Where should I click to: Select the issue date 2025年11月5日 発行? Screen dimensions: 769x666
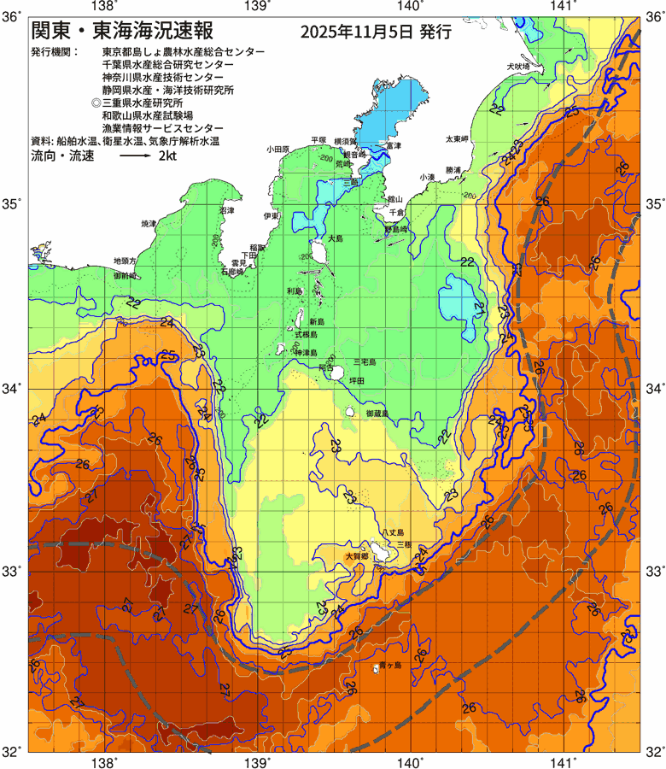[x=376, y=32]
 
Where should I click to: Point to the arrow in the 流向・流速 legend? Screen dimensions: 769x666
[x=134, y=158]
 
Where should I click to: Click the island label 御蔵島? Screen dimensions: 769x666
[x=377, y=413]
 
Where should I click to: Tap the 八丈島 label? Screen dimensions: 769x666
[x=393, y=531]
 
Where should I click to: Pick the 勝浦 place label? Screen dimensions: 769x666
[x=453, y=170]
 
